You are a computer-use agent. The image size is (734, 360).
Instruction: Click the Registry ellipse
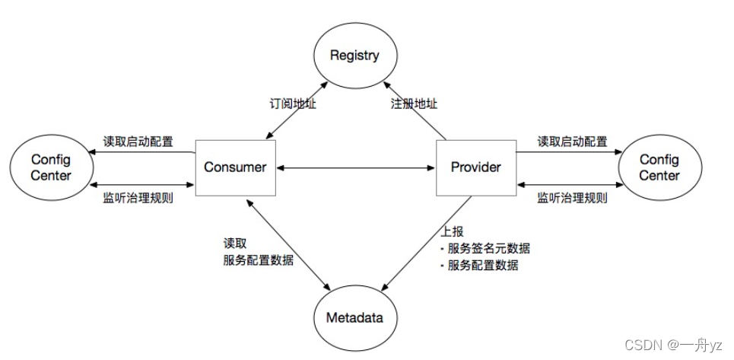354,56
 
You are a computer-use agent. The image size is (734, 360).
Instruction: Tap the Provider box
475,167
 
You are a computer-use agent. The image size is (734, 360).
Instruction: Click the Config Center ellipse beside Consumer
51,167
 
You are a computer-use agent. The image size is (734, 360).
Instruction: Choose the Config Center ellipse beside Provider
659,167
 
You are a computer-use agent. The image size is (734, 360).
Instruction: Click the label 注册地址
415,104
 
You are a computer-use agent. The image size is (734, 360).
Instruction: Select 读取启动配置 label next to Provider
572,142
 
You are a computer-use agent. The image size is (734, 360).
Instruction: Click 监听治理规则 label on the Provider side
572,199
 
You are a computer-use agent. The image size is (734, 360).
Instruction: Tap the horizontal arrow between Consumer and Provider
355,167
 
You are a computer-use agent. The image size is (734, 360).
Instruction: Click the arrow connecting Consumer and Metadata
289,244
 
